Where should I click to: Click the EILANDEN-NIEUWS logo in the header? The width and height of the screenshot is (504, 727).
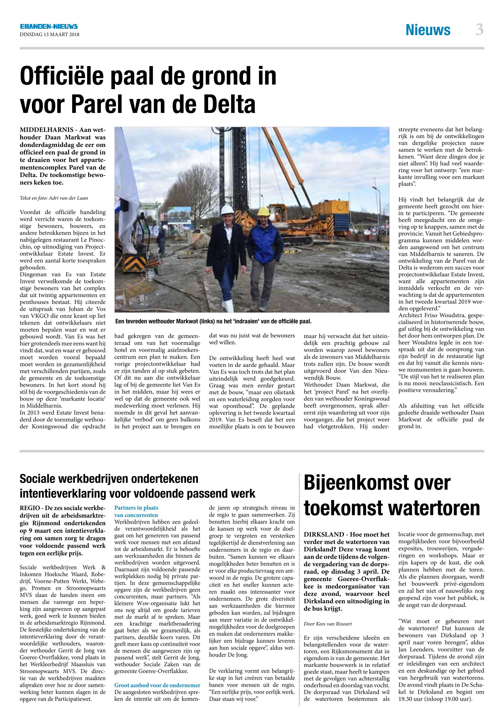click(x=49, y=27)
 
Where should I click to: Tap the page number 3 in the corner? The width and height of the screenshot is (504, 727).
click(x=479, y=30)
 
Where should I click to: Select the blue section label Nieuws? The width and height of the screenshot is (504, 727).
click(x=428, y=30)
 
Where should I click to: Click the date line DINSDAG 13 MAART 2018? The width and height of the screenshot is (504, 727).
click(x=49, y=35)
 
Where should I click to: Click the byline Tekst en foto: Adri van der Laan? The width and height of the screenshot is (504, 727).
click(x=54, y=198)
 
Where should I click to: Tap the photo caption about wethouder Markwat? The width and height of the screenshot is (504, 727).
click(x=213, y=322)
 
